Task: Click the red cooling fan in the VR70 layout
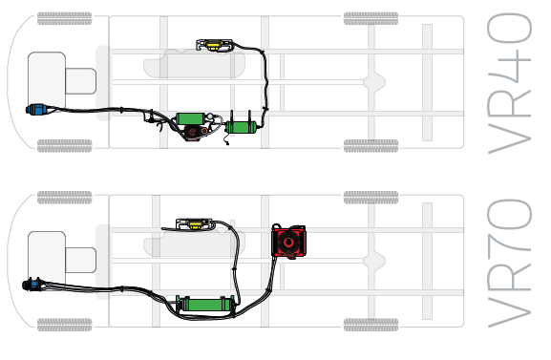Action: tap(287, 242)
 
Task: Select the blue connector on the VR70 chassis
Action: tap(32, 284)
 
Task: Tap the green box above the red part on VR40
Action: tap(191, 119)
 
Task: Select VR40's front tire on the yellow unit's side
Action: tap(64, 18)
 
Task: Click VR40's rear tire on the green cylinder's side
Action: tap(371, 145)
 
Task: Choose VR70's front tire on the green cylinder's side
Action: tap(64, 325)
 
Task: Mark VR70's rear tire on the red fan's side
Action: tap(371, 198)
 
